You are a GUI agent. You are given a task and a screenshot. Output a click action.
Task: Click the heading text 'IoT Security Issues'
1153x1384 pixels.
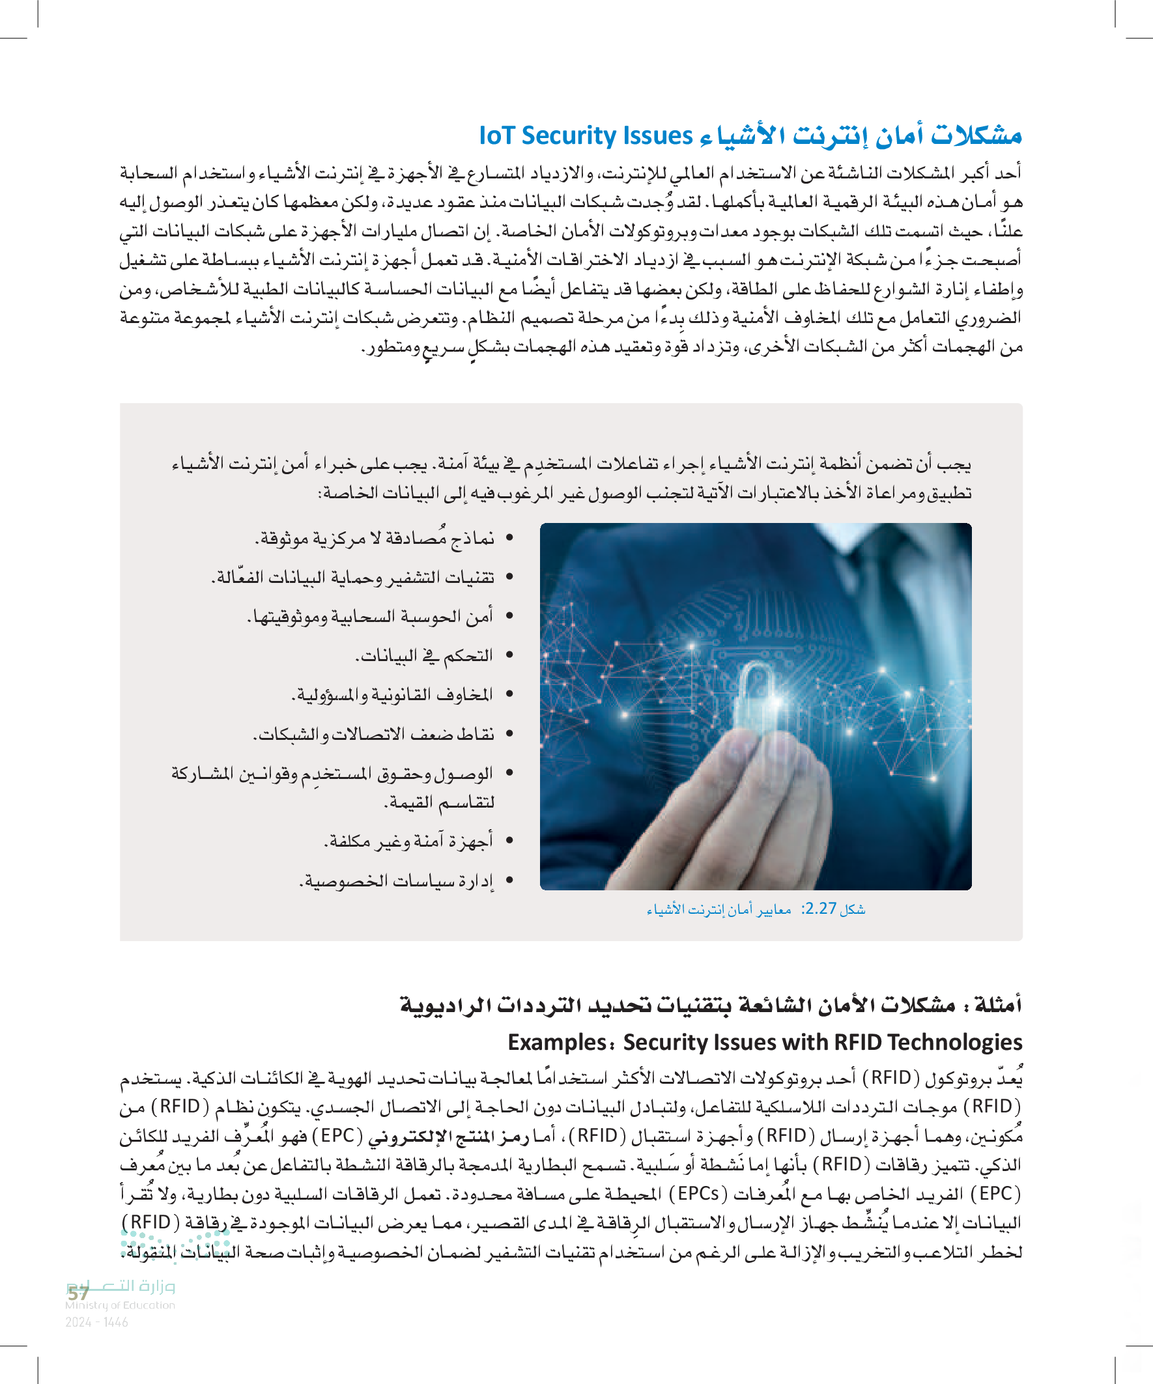coord(586,135)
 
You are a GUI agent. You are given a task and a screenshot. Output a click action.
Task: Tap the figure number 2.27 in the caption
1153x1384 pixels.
coord(820,909)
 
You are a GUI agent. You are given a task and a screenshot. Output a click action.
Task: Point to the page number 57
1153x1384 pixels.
coord(78,1293)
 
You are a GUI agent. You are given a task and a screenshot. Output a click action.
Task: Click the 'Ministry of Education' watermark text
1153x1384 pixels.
coord(120,1305)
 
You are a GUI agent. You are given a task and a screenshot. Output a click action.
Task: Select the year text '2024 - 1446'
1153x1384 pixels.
coord(96,1322)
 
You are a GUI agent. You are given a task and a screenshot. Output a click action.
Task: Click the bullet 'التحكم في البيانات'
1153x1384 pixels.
coord(425,656)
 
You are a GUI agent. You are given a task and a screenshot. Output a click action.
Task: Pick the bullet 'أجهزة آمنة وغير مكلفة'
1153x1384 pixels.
coord(408,841)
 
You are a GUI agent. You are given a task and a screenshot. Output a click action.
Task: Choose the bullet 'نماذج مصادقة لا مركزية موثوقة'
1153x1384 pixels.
coord(375,539)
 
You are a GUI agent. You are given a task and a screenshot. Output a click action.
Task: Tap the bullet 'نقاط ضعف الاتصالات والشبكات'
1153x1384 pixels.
coord(374,734)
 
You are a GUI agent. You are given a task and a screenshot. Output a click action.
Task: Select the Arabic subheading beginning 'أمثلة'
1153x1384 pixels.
coord(711,1006)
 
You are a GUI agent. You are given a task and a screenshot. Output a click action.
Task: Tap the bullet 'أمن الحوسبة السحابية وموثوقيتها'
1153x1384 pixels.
coord(370,617)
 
